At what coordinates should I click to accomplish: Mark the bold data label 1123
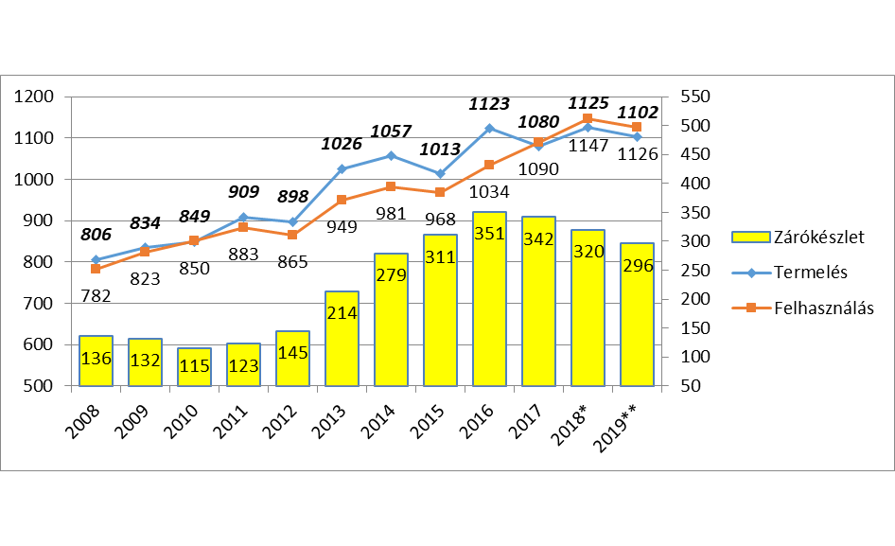489,104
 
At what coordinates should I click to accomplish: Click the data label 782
96,295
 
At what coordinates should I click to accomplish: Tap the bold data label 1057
391,131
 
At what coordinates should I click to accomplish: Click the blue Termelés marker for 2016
489,128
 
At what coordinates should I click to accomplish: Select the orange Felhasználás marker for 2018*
588,118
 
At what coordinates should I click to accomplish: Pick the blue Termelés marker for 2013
342,168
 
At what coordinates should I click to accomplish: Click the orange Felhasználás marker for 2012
292,235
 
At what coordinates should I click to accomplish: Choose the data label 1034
490,192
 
